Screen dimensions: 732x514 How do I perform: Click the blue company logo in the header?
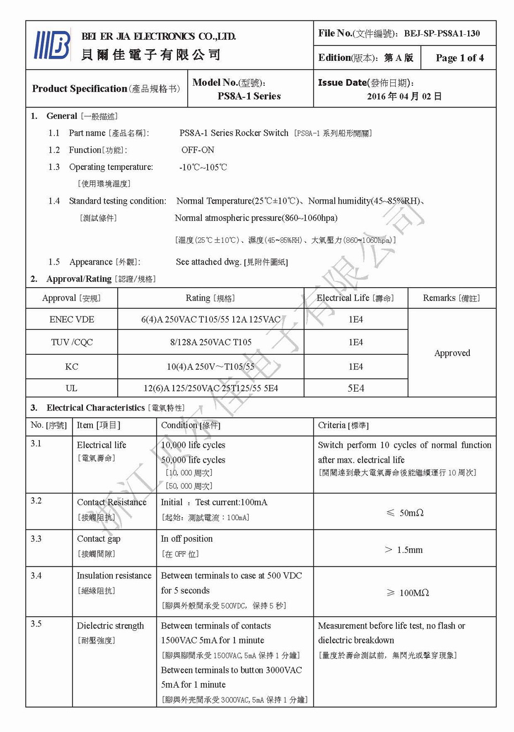click(x=53, y=45)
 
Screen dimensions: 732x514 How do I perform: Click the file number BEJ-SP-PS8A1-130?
click(x=442, y=33)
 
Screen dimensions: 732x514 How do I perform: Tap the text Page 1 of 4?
click(x=459, y=58)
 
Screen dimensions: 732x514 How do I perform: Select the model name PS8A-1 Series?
click(x=249, y=96)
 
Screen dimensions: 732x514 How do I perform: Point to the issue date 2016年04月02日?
click(x=404, y=96)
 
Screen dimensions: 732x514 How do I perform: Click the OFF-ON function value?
click(x=197, y=150)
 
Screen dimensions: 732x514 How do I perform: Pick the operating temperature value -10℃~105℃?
click(x=203, y=167)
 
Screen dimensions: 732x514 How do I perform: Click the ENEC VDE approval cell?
click(x=71, y=319)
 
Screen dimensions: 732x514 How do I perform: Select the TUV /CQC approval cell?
click(x=72, y=342)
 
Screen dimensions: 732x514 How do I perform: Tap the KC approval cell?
click(x=71, y=366)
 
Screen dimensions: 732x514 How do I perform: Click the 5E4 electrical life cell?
click(x=355, y=388)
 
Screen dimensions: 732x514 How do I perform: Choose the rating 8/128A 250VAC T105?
click(x=211, y=342)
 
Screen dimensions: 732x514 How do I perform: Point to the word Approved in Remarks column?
click(x=452, y=353)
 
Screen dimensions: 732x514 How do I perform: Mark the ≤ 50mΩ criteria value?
click(x=405, y=513)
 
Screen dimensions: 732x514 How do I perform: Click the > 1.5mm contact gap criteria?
click(x=403, y=549)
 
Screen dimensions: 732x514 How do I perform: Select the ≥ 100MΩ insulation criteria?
click(x=407, y=593)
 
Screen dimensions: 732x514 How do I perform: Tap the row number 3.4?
click(x=36, y=575)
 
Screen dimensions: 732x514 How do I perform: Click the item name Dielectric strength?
click(x=110, y=626)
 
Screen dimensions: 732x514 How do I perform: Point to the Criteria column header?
click(x=343, y=425)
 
